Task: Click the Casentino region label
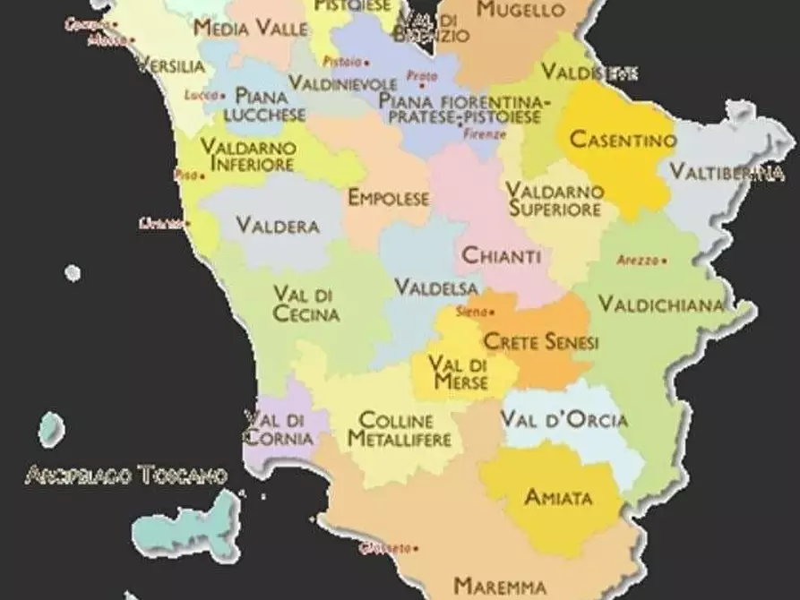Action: (x=623, y=141)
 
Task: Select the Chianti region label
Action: (x=501, y=256)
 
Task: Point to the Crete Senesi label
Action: (x=541, y=342)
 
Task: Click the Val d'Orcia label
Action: (x=564, y=419)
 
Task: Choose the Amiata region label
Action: (x=558, y=497)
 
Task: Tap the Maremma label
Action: (x=500, y=587)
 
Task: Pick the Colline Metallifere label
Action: (x=399, y=429)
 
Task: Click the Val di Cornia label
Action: (x=279, y=429)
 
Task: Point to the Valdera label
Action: (x=278, y=226)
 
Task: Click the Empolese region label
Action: (x=388, y=198)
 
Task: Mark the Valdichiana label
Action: (x=661, y=304)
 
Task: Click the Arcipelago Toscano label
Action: (x=125, y=475)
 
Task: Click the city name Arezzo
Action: (x=637, y=261)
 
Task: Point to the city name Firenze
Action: (x=486, y=134)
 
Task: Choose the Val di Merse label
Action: (x=458, y=373)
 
